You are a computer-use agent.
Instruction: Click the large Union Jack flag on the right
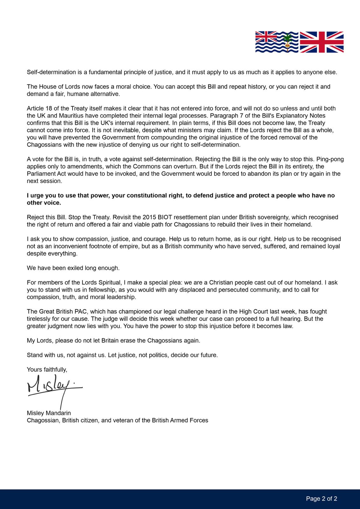coord(321,42)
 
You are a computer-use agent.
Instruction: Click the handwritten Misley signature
coord(54,386)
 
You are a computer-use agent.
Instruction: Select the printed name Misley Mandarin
coord(49,413)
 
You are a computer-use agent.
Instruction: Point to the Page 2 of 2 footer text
coord(321,499)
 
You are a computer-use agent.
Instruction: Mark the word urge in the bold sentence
coord(37,195)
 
